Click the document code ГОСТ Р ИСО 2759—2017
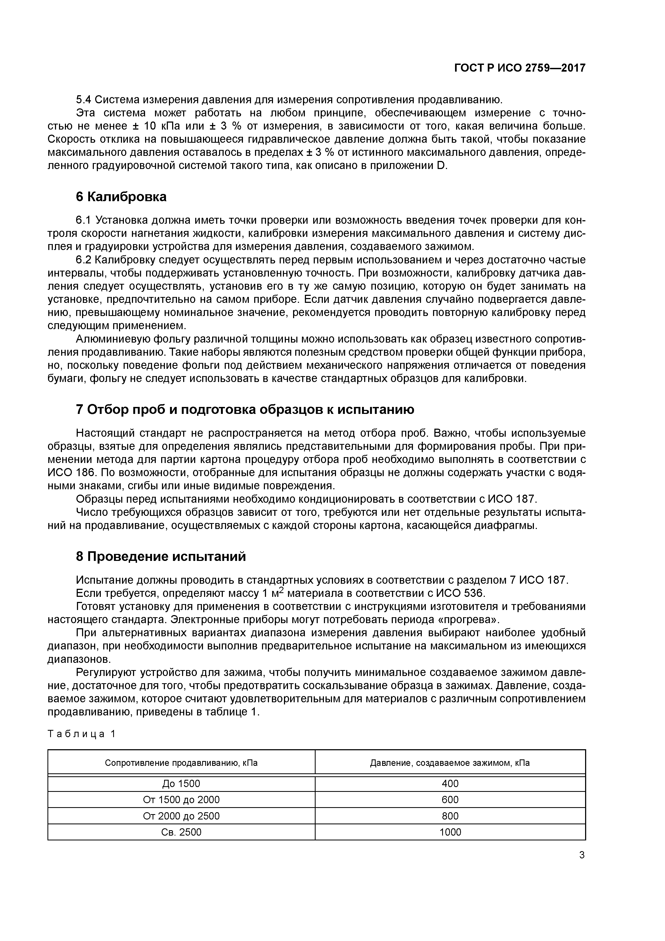coord(520,68)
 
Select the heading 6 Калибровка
coord(121,197)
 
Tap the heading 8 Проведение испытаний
coord(161,557)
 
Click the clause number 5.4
coord(84,100)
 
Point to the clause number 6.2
coord(84,260)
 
